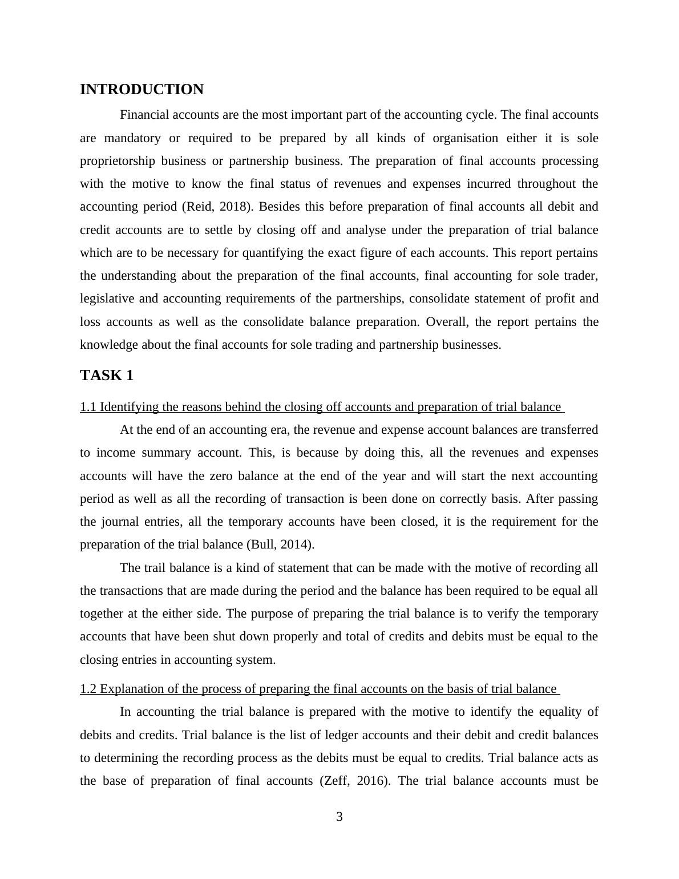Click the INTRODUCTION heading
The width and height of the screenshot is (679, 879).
point(142,90)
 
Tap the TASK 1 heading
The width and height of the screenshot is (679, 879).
point(107,376)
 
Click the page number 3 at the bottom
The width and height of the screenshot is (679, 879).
point(339,817)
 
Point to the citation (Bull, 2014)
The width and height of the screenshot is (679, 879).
point(280,545)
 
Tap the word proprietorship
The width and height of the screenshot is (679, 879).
point(117,161)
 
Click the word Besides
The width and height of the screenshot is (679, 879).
point(278,207)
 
